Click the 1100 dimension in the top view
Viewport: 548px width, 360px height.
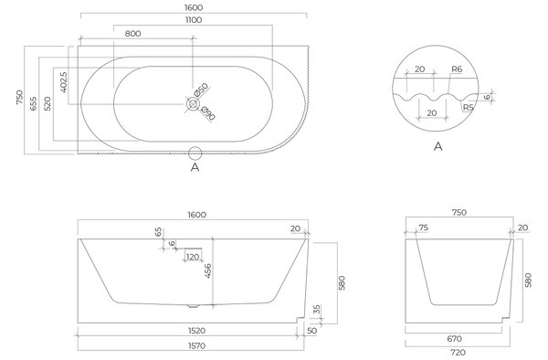[x=194, y=20]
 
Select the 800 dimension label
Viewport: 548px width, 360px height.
[x=132, y=34]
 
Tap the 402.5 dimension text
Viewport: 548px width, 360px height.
[x=64, y=82]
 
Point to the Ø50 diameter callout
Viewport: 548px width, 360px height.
[x=201, y=90]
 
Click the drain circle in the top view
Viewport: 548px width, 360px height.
[x=193, y=104]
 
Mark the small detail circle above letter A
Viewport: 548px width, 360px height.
[x=195, y=154]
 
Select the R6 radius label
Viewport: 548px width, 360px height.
[x=457, y=69]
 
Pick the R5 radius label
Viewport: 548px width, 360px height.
[x=468, y=107]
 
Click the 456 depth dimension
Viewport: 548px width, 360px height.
[x=207, y=270]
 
